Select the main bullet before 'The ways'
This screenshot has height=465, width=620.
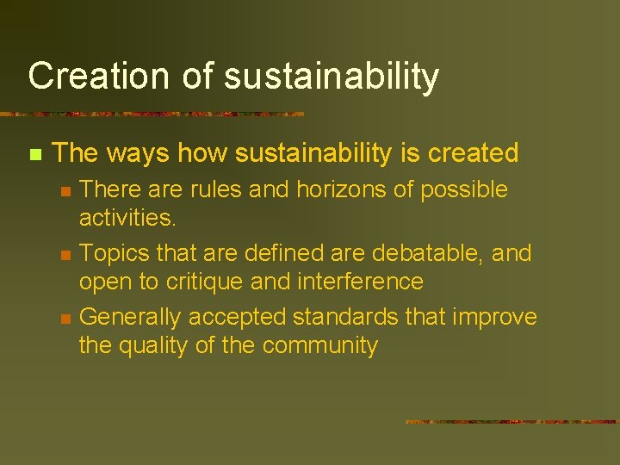tap(34, 155)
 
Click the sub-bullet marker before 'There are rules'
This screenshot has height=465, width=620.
tap(65, 191)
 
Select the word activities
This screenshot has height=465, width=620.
tap(127, 218)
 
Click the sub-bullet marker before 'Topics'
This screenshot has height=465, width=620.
tap(65, 255)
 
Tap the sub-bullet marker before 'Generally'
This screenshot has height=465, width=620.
tap(65, 319)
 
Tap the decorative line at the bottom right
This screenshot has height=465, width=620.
tap(512, 422)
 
